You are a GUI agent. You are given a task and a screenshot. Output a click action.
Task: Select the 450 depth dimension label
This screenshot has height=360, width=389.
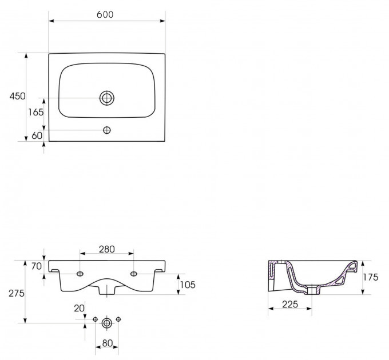click(17, 97)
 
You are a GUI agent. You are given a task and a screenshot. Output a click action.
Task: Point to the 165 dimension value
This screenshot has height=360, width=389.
click(35, 113)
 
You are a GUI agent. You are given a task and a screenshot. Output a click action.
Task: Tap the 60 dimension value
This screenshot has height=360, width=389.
click(37, 135)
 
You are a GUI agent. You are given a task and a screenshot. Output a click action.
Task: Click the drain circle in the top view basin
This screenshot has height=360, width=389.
click(106, 98)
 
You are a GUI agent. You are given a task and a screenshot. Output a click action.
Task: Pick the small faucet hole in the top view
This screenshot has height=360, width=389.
click(106, 130)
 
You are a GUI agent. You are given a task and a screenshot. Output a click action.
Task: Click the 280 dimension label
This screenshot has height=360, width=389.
click(106, 249)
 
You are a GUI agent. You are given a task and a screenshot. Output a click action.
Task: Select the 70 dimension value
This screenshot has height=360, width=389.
click(37, 266)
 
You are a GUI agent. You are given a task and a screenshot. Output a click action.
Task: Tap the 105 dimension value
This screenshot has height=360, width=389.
click(189, 284)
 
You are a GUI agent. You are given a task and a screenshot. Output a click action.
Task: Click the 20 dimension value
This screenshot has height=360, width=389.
click(79, 308)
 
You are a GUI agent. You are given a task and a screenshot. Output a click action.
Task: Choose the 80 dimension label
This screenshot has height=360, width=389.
click(106, 345)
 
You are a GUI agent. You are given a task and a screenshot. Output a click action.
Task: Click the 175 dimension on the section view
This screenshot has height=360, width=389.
click(371, 278)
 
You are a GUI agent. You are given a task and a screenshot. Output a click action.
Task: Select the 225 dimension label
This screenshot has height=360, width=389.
click(290, 304)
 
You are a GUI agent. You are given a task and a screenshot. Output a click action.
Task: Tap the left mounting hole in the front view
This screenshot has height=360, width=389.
click(80, 274)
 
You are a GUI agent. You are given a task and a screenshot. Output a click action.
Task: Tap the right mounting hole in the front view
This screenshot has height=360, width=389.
click(133, 274)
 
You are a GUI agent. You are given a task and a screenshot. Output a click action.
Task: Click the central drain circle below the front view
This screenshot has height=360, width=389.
click(106, 323)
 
